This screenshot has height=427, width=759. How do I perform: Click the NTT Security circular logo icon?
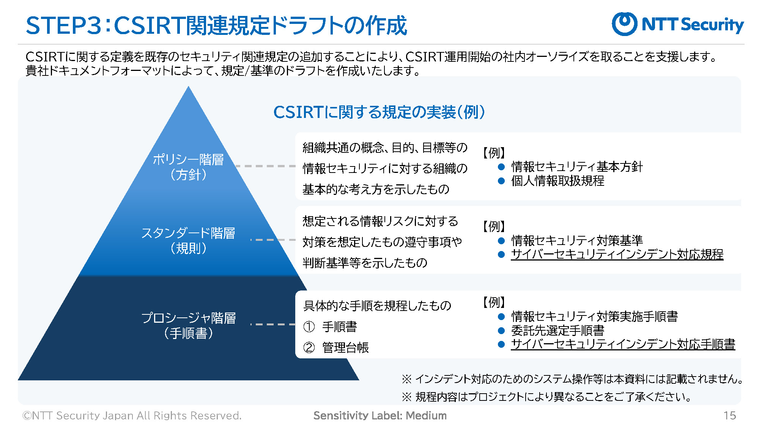coord(624,24)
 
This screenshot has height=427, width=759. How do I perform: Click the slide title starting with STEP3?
coord(216,26)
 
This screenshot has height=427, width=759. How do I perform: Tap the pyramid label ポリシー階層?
coord(188,160)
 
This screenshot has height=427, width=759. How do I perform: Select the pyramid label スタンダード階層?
coord(188,233)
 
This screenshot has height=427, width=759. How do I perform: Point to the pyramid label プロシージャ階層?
coord(188,318)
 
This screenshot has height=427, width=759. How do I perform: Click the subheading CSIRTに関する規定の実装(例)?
coord(379,112)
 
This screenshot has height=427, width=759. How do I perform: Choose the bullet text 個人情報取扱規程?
coord(557,181)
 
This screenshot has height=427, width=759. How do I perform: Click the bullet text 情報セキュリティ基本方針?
coord(577,167)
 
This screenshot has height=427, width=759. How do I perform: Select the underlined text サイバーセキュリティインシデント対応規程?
coord(617,254)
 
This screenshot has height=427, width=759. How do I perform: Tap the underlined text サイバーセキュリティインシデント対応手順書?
coord(623,344)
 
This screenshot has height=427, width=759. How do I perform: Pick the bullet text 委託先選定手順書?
coord(557,330)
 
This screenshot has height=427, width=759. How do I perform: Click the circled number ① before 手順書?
coord(309,327)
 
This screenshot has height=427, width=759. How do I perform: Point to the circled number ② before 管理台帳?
coord(309,347)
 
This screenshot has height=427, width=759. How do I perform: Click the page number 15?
coord(730,416)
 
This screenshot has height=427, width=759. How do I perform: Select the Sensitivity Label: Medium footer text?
coord(380,416)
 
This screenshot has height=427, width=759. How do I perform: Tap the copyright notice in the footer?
coord(132,416)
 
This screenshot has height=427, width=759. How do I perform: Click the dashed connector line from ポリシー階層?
coord(265,166)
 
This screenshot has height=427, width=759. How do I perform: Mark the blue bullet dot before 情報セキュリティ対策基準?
coord(501,241)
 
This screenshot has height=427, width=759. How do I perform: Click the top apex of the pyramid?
coord(188,86)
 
